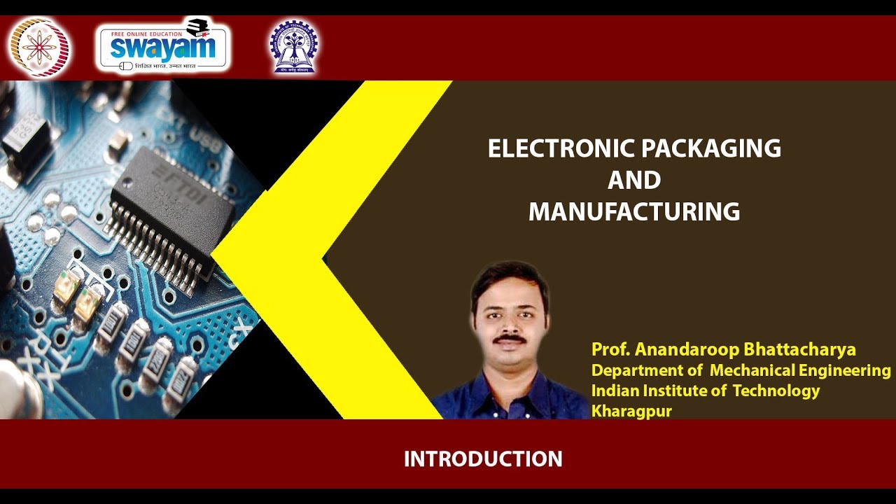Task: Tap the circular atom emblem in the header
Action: coord(39,47)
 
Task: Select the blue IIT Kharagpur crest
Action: coord(293,47)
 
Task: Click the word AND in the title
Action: coord(634,180)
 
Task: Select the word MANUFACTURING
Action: coord(634,211)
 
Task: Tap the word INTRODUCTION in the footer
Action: coord(483,459)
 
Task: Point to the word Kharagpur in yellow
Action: coord(631,412)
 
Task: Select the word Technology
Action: coord(776,391)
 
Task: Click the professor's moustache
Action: coord(509,339)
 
